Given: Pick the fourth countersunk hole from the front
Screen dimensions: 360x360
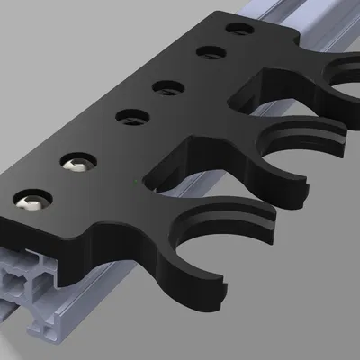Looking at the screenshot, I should (167, 87).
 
